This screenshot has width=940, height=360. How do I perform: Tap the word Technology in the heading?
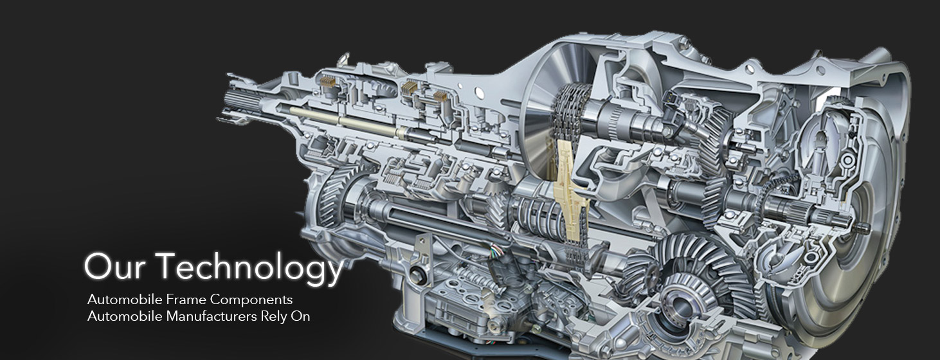point(251,268)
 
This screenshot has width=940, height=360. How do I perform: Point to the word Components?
point(251,300)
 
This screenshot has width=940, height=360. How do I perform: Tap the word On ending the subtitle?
point(300,316)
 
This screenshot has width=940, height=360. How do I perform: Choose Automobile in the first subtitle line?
point(125,300)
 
